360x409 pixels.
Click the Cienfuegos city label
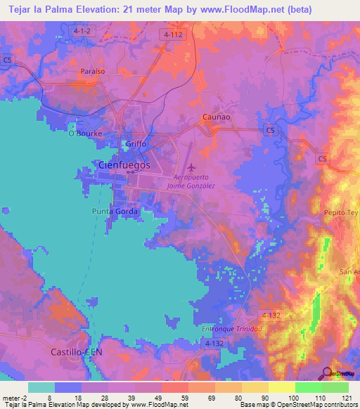[122, 164]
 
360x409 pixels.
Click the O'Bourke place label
[85, 133]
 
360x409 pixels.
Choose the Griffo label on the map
[136, 144]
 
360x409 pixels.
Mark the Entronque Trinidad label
[231, 329]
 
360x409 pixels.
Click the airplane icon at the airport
[191, 167]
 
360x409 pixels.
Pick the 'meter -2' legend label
[14, 397]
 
